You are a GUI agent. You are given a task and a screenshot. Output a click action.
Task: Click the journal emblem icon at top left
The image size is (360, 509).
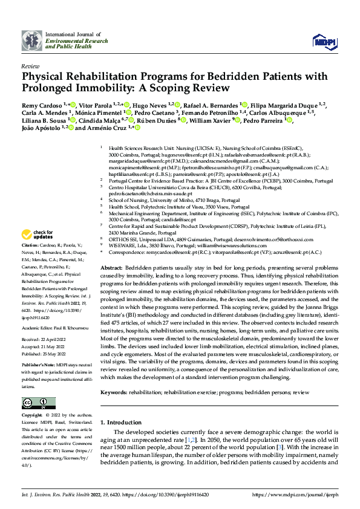[31, 41]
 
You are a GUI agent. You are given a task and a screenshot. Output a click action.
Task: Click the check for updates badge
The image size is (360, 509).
[38, 251]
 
